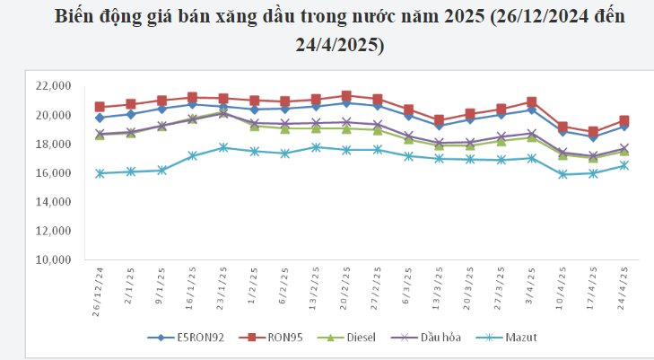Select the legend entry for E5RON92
189,338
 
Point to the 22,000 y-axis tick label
53,86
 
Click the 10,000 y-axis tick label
53,260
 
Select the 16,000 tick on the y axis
53,173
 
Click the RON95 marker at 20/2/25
346,95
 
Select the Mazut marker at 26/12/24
100,173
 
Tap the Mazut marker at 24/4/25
623,165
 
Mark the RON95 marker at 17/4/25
593,131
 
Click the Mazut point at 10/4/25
562,174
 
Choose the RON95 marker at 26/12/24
100,107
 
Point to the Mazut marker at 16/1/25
192,155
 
